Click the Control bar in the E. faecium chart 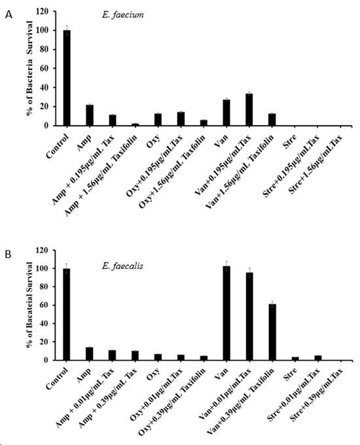click(x=67, y=78)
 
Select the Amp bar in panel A click(x=90, y=115)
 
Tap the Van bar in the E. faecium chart click(x=226, y=113)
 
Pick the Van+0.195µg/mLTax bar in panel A click(x=249, y=109)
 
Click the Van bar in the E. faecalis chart click(x=226, y=313)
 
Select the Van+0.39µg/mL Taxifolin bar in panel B click(x=272, y=332)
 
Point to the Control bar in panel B click(x=67, y=315)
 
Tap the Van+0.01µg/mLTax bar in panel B click(x=249, y=316)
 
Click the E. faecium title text click(x=122, y=15)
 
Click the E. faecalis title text click(x=122, y=266)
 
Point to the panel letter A click(x=9, y=14)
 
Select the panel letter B click(x=8, y=254)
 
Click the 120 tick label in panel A click(x=43, y=11)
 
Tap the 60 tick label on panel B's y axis click(x=45, y=305)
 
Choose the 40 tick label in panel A click(x=45, y=88)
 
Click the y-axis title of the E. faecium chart click(x=29, y=68)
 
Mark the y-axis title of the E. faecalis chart click(x=29, y=305)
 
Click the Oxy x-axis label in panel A click(x=153, y=141)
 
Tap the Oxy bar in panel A click(x=158, y=120)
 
